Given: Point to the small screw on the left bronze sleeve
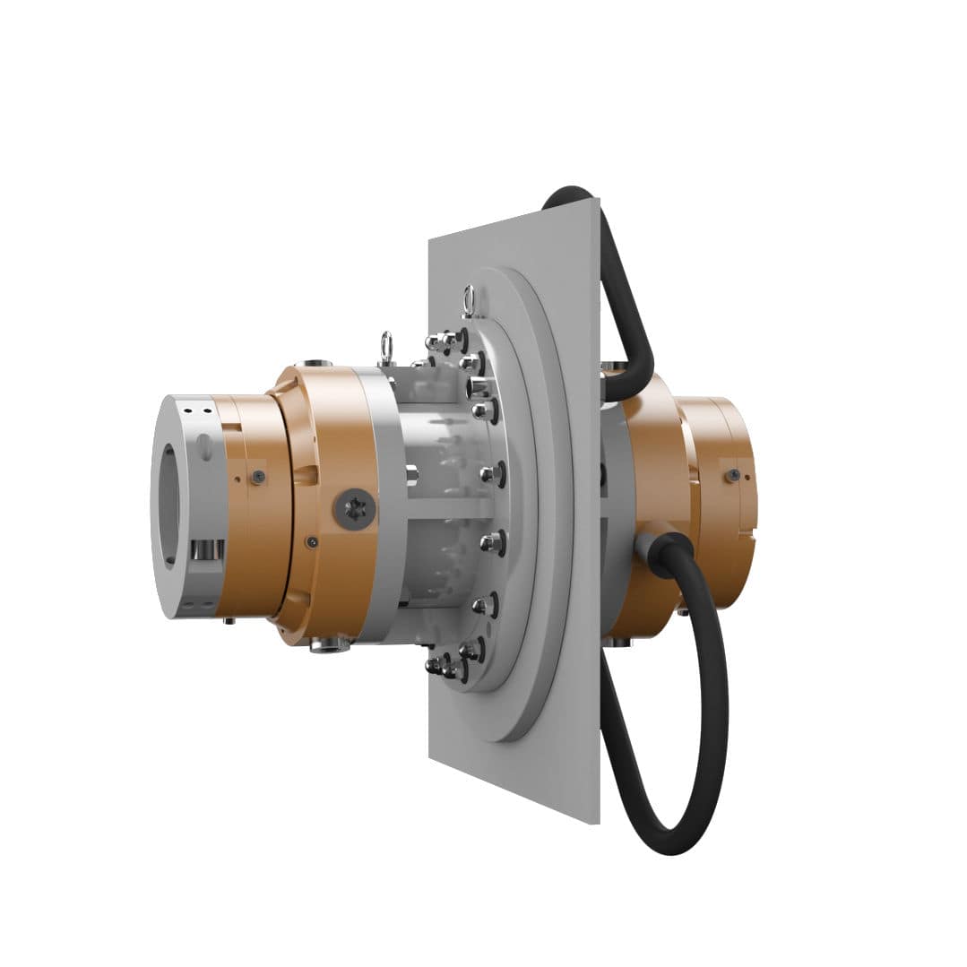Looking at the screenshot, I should tap(258, 477).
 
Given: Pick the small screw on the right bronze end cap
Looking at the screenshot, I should tap(734, 475).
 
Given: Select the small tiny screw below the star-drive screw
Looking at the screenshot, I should tap(310, 541).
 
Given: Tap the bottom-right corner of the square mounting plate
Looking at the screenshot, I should tap(598, 823).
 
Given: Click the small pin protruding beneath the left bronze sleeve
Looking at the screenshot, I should tap(229, 620).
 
